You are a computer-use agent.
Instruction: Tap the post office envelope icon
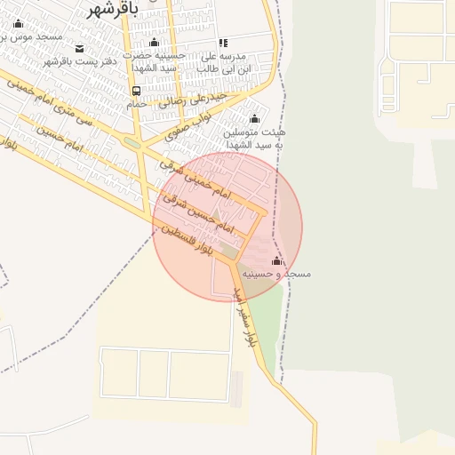tap(80, 48)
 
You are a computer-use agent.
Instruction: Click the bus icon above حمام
tap(136, 91)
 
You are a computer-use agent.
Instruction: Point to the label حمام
tap(136, 104)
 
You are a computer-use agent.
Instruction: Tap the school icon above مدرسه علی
tap(223, 43)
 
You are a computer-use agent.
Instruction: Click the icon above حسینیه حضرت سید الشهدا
tap(155, 43)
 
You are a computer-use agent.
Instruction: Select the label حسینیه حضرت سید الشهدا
tap(156, 61)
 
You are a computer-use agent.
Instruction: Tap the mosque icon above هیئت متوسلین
tap(255, 119)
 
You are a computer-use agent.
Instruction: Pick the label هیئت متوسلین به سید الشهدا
tap(255, 138)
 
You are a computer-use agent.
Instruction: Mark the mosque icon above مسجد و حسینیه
tap(276, 261)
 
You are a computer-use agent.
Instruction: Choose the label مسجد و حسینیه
tap(281, 275)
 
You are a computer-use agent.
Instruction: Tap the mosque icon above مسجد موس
tap(18, 23)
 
